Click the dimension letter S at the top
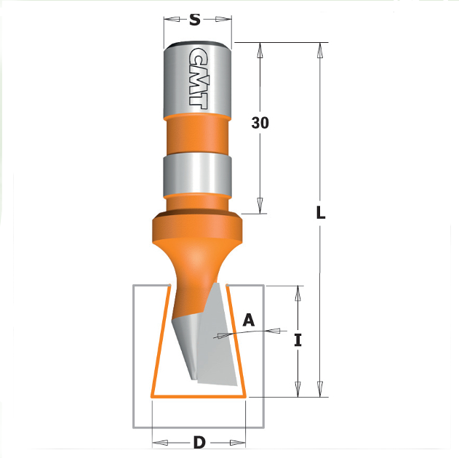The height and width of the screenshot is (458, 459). pos(194,20)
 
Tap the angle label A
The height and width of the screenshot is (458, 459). pos(249,319)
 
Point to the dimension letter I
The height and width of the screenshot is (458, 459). pos(297,340)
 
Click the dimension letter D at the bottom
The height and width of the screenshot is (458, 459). pos(198,442)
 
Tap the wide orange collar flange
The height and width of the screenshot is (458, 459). pos(196,228)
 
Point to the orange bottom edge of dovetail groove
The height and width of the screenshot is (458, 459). pos(198,397)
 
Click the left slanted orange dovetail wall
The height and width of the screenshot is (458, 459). pos(159,342)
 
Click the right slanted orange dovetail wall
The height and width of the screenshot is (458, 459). pos(236,342)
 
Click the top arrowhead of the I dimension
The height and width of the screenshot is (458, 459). pos(297,292)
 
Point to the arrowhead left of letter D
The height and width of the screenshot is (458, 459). pos(161,442)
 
